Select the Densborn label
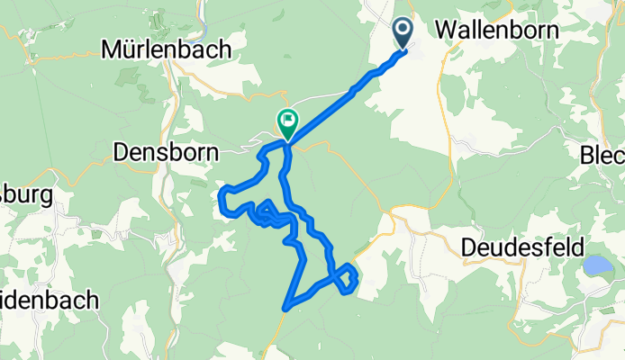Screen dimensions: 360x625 [x=167, y=153]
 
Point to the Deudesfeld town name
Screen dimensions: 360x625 [x=536, y=246]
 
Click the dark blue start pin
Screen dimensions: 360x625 [x=402, y=34]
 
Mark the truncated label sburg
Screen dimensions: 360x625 [x=27, y=194]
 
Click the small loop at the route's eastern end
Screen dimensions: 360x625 [x=349, y=279]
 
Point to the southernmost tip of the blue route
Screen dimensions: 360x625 [x=285, y=309]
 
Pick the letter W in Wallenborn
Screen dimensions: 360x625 [x=445, y=29]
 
